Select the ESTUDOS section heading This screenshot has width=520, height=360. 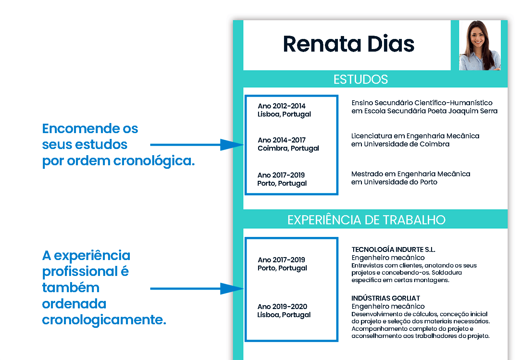pos(360,80)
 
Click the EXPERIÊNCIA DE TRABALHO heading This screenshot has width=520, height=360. pos(366,220)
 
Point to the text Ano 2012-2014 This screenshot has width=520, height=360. pos(281,106)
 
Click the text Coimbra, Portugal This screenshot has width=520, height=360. pos(288,148)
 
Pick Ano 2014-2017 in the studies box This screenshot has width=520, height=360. pos(281,140)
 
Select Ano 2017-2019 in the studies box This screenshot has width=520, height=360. pos(281,175)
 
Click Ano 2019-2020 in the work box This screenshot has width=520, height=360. pos(282,306)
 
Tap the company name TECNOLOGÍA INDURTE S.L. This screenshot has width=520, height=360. pos(393,249)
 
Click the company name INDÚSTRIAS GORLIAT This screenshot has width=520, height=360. pos(386,298)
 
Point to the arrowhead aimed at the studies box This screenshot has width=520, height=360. pos(232,145)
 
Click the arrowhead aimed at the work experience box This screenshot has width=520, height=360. pos(232,289)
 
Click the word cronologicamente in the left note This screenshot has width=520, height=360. pos(104,320)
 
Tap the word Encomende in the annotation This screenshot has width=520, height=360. pos(81,129)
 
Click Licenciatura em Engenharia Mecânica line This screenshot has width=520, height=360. pos(415,136)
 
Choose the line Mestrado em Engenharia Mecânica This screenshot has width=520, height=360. pos(411,174)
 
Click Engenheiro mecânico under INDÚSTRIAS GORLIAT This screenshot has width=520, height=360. pos(388,306)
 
